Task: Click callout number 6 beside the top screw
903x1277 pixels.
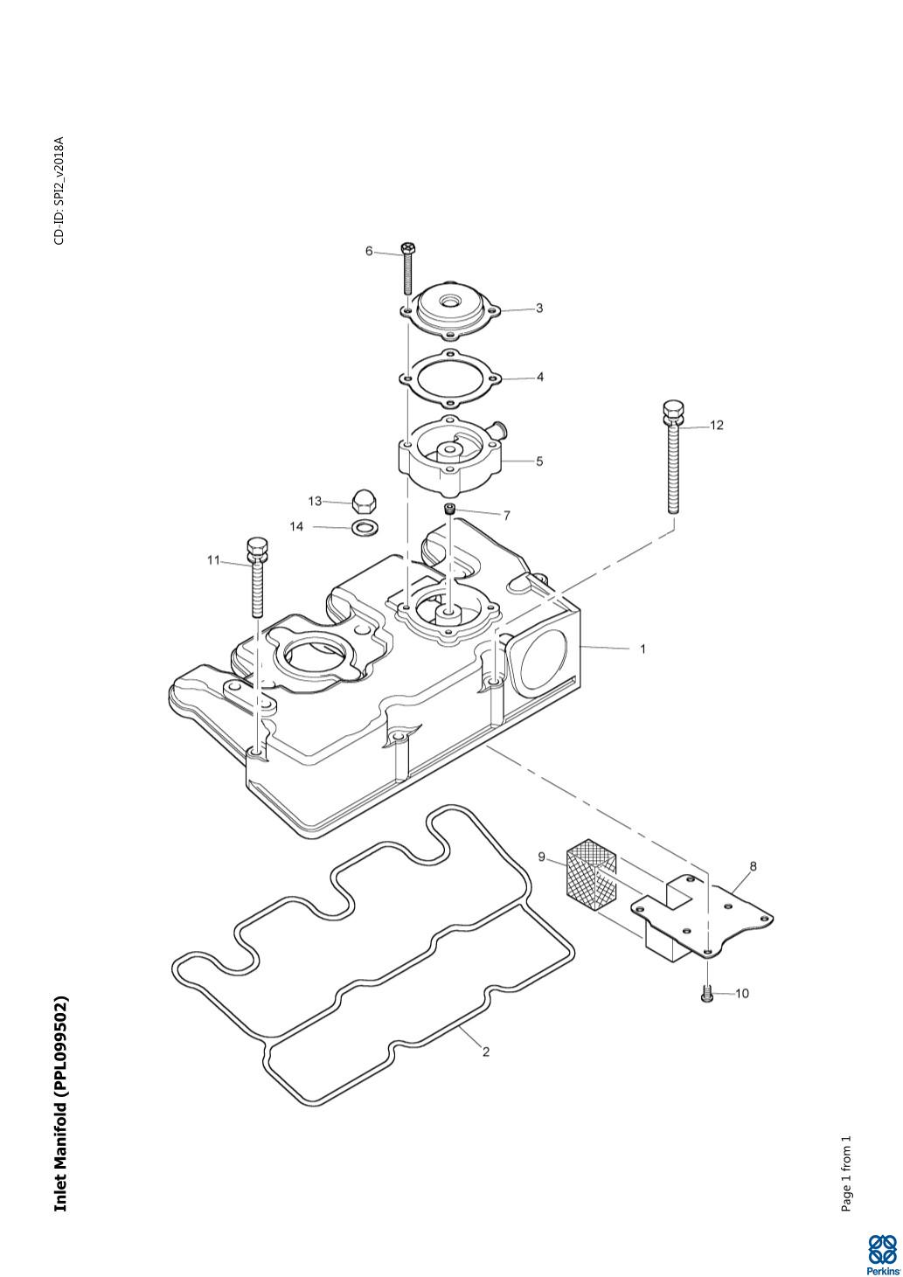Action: [369, 251]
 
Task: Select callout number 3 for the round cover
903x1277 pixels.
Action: [538, 309]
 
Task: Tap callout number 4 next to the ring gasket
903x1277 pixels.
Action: [540, 377]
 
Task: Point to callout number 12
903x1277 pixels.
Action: [717, 425]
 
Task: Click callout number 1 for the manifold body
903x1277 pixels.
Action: [643, 649]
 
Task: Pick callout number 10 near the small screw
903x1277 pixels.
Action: [741, 994]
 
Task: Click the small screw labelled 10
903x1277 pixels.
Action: [706, 994]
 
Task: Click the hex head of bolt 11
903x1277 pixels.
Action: [255, 548]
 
